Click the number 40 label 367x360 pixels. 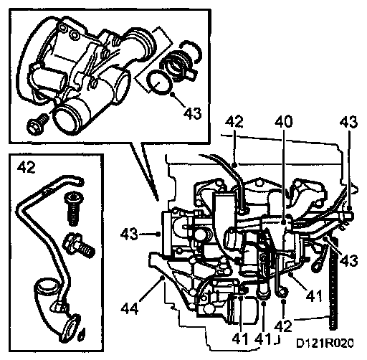tap(283, 122)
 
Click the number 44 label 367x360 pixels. tap(130, 308)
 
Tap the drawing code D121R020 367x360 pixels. tap(325, 344)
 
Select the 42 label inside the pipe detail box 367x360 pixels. tap(27, 167)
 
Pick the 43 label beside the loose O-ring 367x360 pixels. tap(193, 113)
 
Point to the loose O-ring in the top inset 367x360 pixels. tap(159, 82)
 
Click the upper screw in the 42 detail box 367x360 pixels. tap(74, 209)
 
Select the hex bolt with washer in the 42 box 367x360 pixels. tap(78, 245)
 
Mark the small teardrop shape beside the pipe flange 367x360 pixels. tap(82, 333)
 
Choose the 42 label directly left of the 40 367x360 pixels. tap(234, 122)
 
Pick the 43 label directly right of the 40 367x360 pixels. tap(348, 122)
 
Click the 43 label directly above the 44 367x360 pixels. tap(129, 234)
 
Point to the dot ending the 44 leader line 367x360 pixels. tap(163, 278)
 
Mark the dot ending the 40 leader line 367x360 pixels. tap(284, 222)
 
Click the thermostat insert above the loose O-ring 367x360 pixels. tap(180, 62)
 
